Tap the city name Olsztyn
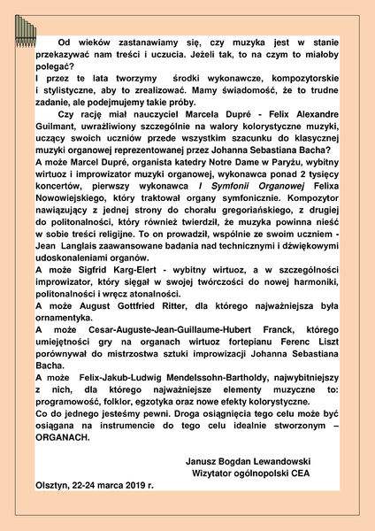coord(51,485)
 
